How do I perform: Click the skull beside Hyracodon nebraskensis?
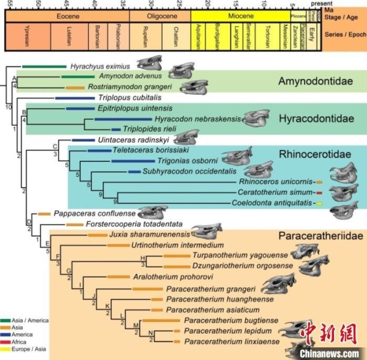pos(262,118)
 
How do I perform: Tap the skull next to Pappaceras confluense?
pos(153,213)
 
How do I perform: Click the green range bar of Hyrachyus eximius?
pos(43,66)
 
